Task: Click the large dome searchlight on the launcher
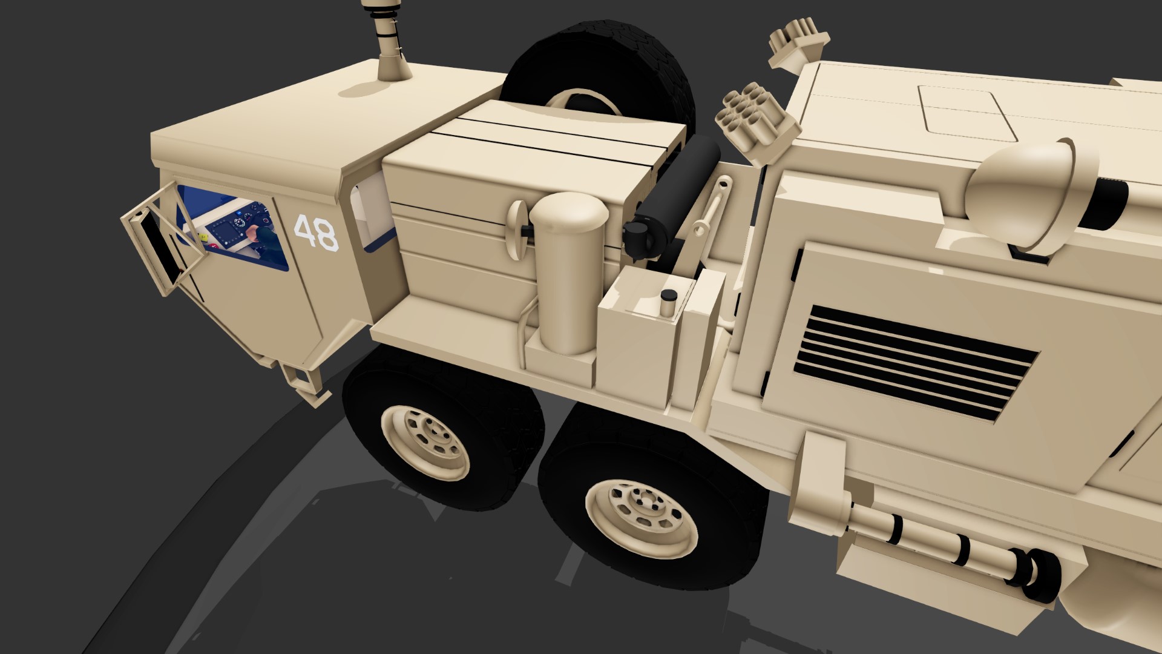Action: point(1023,194)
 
